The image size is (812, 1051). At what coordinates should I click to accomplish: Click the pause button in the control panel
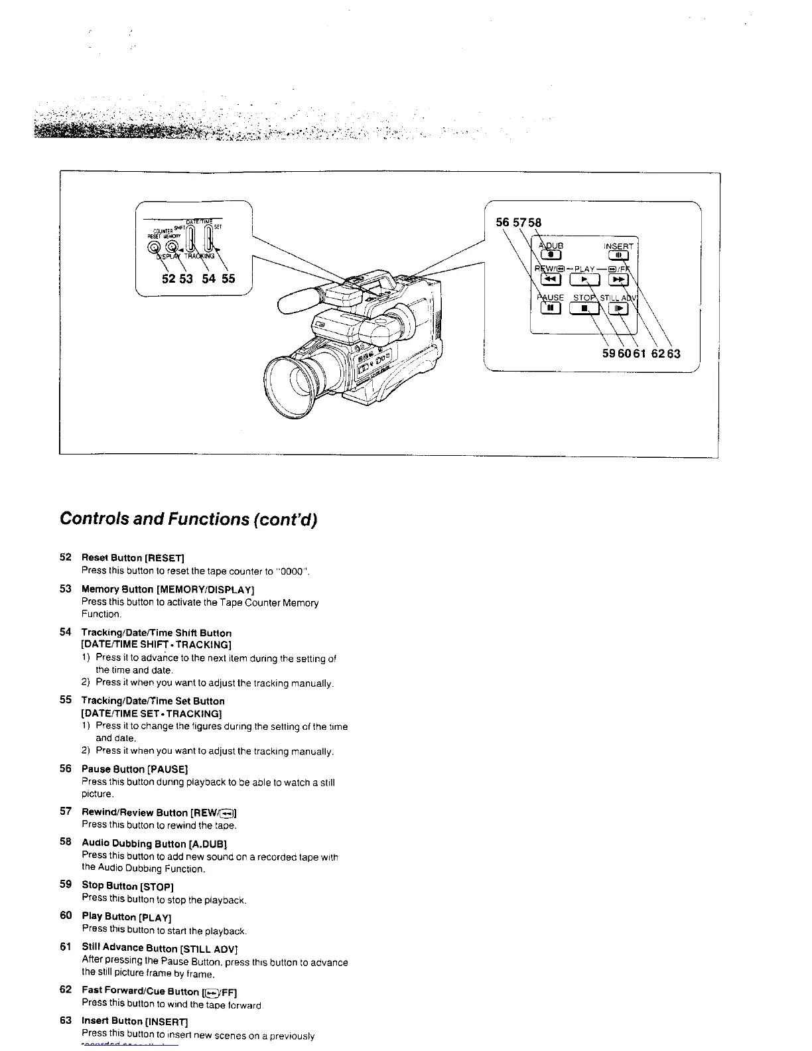(x=551, y=308)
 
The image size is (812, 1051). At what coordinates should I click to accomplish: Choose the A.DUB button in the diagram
(x=551, y=253)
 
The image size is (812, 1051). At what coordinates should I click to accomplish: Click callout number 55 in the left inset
(x=228, y=279)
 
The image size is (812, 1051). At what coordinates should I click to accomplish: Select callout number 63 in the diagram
(x=673, y=354)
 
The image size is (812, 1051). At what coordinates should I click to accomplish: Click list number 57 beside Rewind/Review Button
(x=65, y=811)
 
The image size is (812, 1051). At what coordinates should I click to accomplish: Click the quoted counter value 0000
(x=293, y=571)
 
